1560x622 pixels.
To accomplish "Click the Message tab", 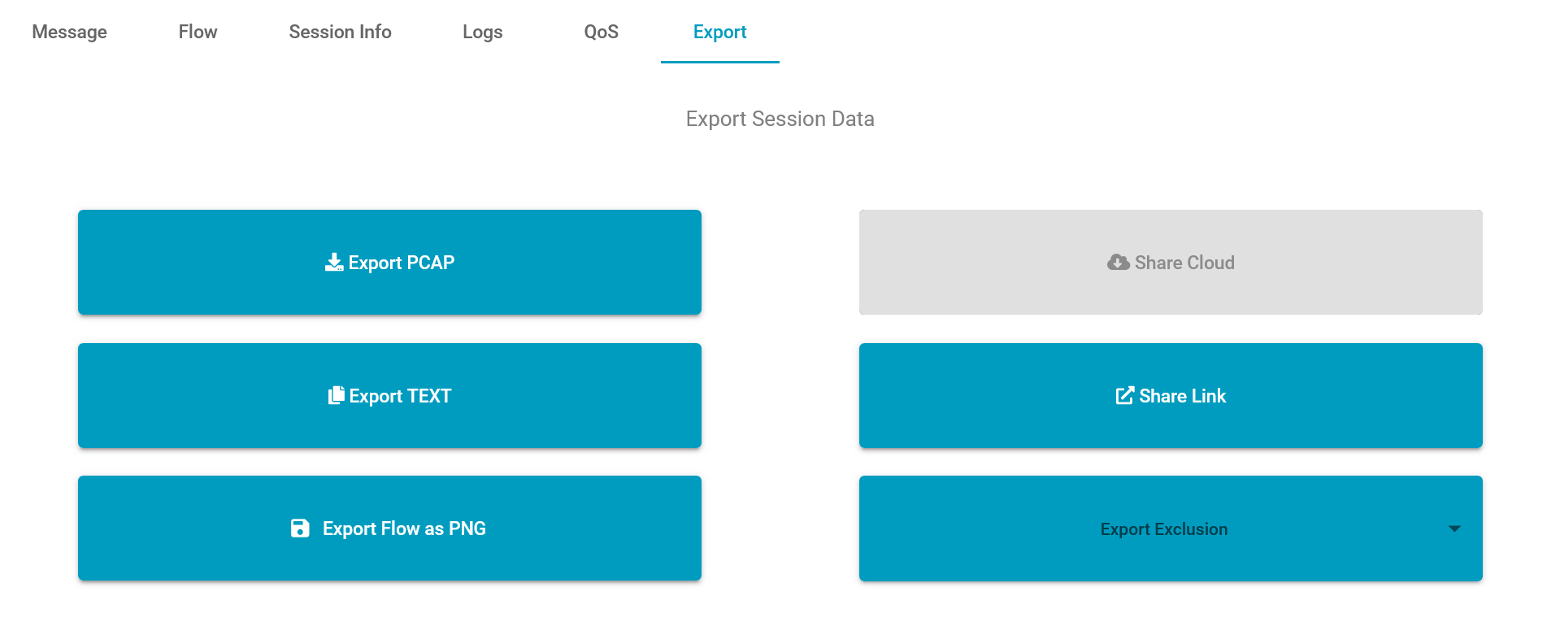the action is coord(69,32).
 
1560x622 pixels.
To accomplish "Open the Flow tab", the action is coord(198,32).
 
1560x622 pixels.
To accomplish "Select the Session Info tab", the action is coord(340,32).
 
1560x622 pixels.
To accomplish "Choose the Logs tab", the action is coord(482,32).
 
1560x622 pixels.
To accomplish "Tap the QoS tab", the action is coord(601,32).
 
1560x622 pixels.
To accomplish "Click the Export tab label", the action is coord(719,32).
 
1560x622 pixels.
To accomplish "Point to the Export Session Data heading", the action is coord(780,119).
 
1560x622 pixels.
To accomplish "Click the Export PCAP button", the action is coord(389,262).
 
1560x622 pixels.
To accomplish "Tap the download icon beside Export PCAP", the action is coord(334,262).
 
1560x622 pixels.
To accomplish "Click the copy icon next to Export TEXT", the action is coord(337,395).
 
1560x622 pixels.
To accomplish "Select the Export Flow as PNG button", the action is coord(389,528).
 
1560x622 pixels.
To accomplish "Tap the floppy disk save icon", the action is coord(300,528).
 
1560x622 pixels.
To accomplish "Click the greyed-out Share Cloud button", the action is coord(1171,262).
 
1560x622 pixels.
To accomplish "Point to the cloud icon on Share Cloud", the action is coord(1119,262).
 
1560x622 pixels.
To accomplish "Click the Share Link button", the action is coord(1171,395).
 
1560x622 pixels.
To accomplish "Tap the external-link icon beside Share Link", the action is coord(1125,395).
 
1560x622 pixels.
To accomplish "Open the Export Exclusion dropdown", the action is coord(1171,528).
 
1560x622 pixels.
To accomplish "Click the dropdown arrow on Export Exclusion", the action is coord(1454,528).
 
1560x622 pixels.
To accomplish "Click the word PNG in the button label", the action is coord(467,528).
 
